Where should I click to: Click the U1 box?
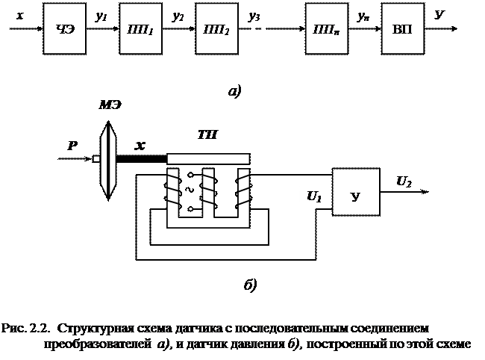(x=314, y=196)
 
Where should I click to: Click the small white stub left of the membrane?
(x=96, y=158)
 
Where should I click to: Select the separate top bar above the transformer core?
(x=208, y=159)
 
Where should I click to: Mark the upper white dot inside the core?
(x=190, y=176)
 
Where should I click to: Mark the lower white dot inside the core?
(x=190, y=208)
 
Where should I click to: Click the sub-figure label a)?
(x=234, y=93)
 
